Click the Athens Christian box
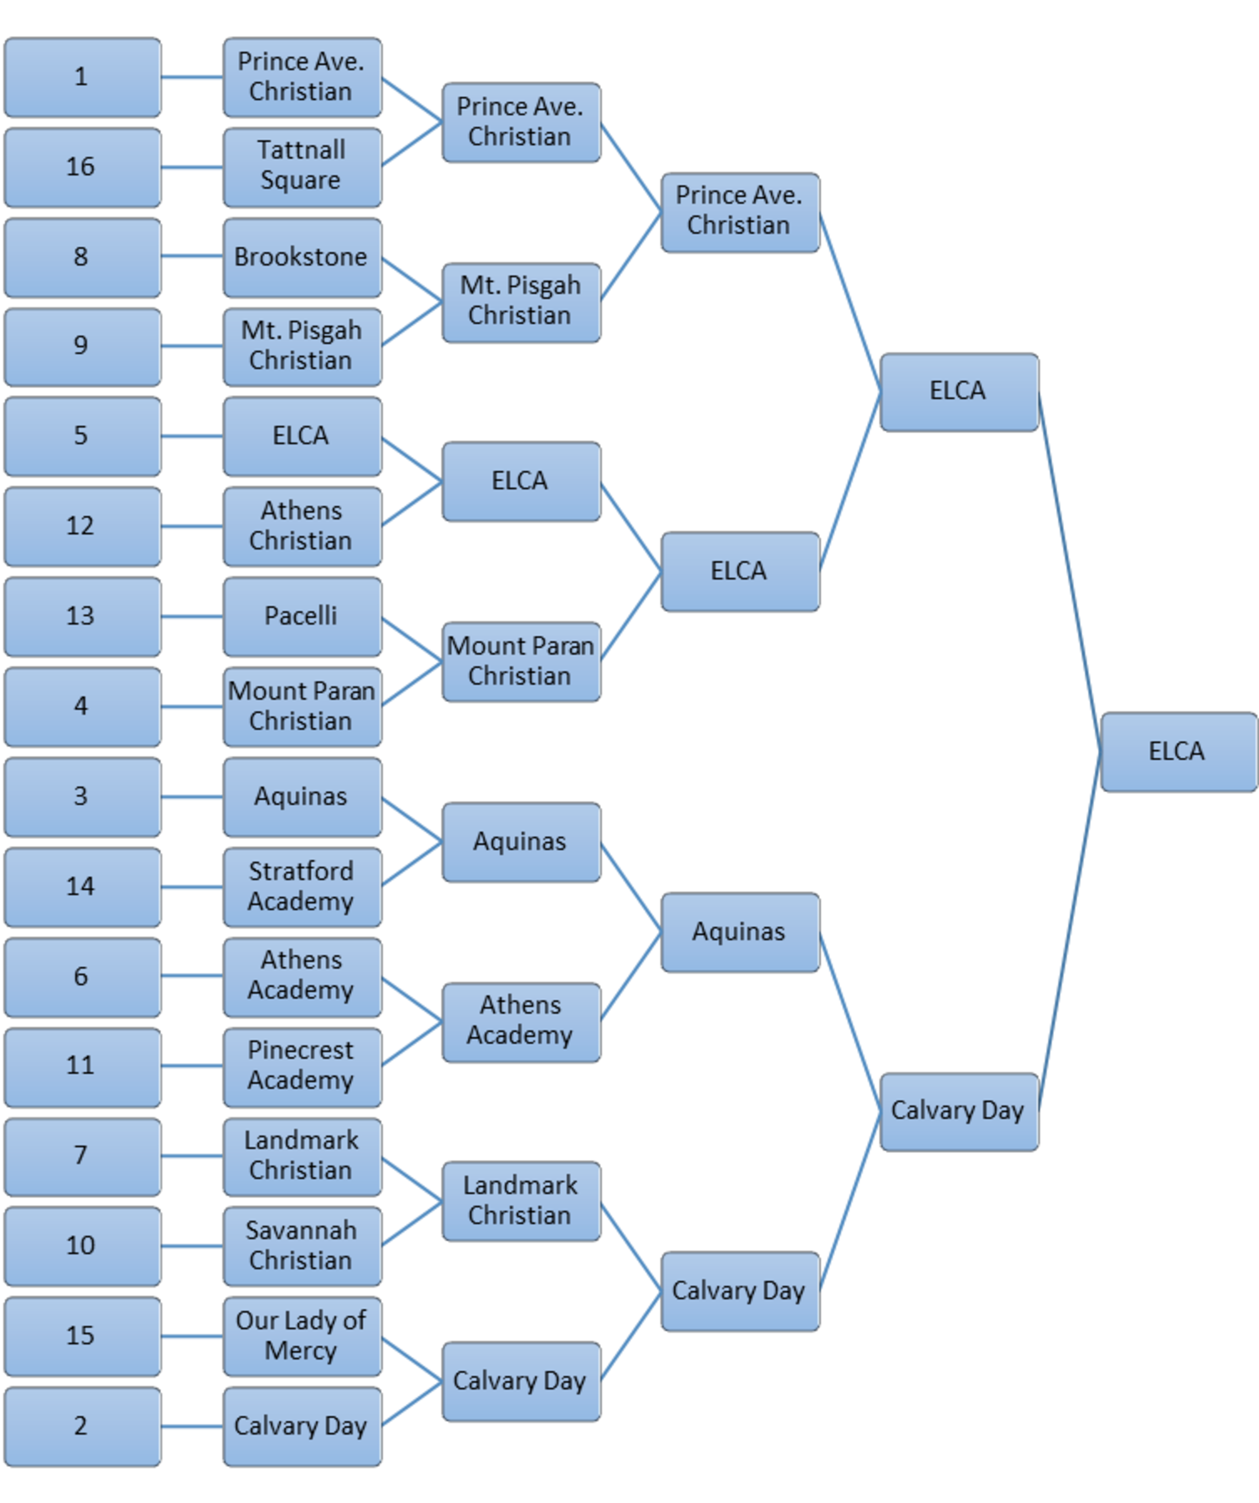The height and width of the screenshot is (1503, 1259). [x=301, y=527]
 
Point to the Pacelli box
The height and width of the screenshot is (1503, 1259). [x=301, y=617]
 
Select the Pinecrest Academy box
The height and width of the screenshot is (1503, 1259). [x=301, y=1066]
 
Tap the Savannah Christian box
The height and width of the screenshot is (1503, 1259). [x=301, y=1246]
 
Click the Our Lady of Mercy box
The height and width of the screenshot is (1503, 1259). [x=301, y=1336]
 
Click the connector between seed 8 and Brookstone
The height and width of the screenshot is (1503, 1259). [x=192, y=257]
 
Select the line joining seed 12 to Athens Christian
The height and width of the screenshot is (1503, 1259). [x=192, y=527]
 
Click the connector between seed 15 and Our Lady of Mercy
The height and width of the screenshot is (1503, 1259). [x=192, y=1336]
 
